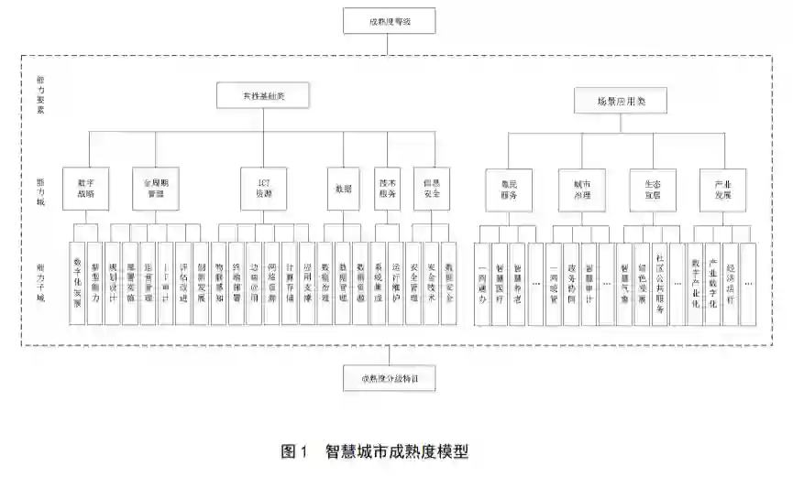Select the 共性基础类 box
pyautogui.click(x=262, y=95)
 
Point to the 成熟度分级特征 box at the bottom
pyautogui.click(x=389, y=376)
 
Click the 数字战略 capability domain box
pyautogui.click(x=87, y=188)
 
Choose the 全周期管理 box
pyautogui.click(x=160, y=188)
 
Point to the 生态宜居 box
pyautogui.click(x=651, y=190)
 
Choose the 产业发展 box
pyautogui.click(x=721, y=190)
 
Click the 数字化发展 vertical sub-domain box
pyautogui.click(x=78, y=284)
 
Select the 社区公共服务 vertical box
pyautogui.click(x=660, y=284)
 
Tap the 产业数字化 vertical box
pyautogui.click(x=713, y=284)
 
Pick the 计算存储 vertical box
pyautogui.click(x=289, y=284)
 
